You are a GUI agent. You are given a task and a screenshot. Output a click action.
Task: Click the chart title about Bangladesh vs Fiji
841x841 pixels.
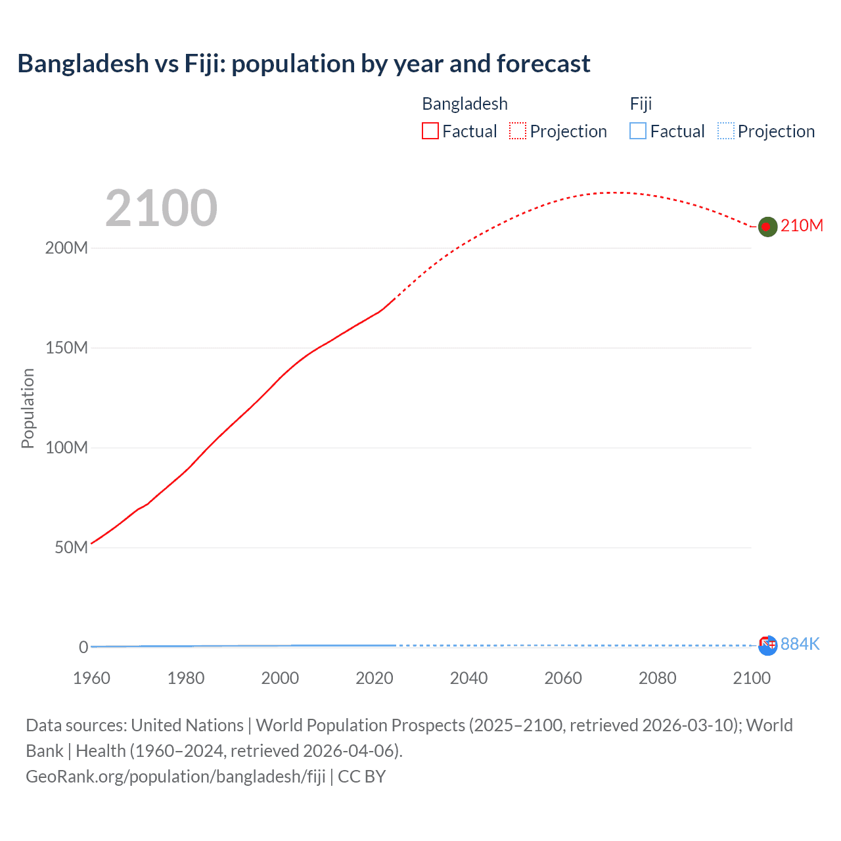pos(304,64)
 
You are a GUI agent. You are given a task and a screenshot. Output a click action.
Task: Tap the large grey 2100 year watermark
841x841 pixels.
pos(161,208)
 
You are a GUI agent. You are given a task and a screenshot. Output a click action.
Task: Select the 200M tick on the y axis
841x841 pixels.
pos(66,248)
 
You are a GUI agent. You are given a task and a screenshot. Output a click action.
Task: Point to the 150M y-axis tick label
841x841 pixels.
pos(66,348)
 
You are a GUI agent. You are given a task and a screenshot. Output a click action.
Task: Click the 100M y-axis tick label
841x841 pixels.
pos(66,448)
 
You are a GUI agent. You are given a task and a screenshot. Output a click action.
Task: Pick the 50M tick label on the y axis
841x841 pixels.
pos(71,548)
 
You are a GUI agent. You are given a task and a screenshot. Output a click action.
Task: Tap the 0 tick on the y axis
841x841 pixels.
pos(83,647)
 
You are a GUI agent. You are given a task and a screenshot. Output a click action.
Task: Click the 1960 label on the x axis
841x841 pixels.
pos(91,678)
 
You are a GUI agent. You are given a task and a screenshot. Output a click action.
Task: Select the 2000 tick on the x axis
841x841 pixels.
pos(280,678)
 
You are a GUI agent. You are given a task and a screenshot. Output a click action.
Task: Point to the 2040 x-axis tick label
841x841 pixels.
pos(468,678)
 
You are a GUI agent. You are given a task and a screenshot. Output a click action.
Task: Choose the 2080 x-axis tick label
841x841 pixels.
pos(657,678)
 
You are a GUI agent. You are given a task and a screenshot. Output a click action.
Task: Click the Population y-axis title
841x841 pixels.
pos(28,408)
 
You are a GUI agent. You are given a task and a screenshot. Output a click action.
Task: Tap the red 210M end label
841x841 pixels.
pos(802,226)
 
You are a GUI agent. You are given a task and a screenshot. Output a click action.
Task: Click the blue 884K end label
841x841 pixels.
pos(800,644)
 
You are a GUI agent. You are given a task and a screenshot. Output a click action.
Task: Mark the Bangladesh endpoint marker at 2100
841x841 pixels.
pos(767,227)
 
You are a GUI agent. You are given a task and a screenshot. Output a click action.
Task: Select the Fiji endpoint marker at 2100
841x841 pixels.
pos(767,646)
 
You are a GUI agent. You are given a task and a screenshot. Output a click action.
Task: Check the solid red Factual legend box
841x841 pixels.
pos(430,131)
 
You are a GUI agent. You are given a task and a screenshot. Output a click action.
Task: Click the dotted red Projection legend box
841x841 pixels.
pos(518,131)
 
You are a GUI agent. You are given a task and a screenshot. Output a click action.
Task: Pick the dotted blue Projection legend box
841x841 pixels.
pos(725,131)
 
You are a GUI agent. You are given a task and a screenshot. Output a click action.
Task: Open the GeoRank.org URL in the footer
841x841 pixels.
pos(175,777)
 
